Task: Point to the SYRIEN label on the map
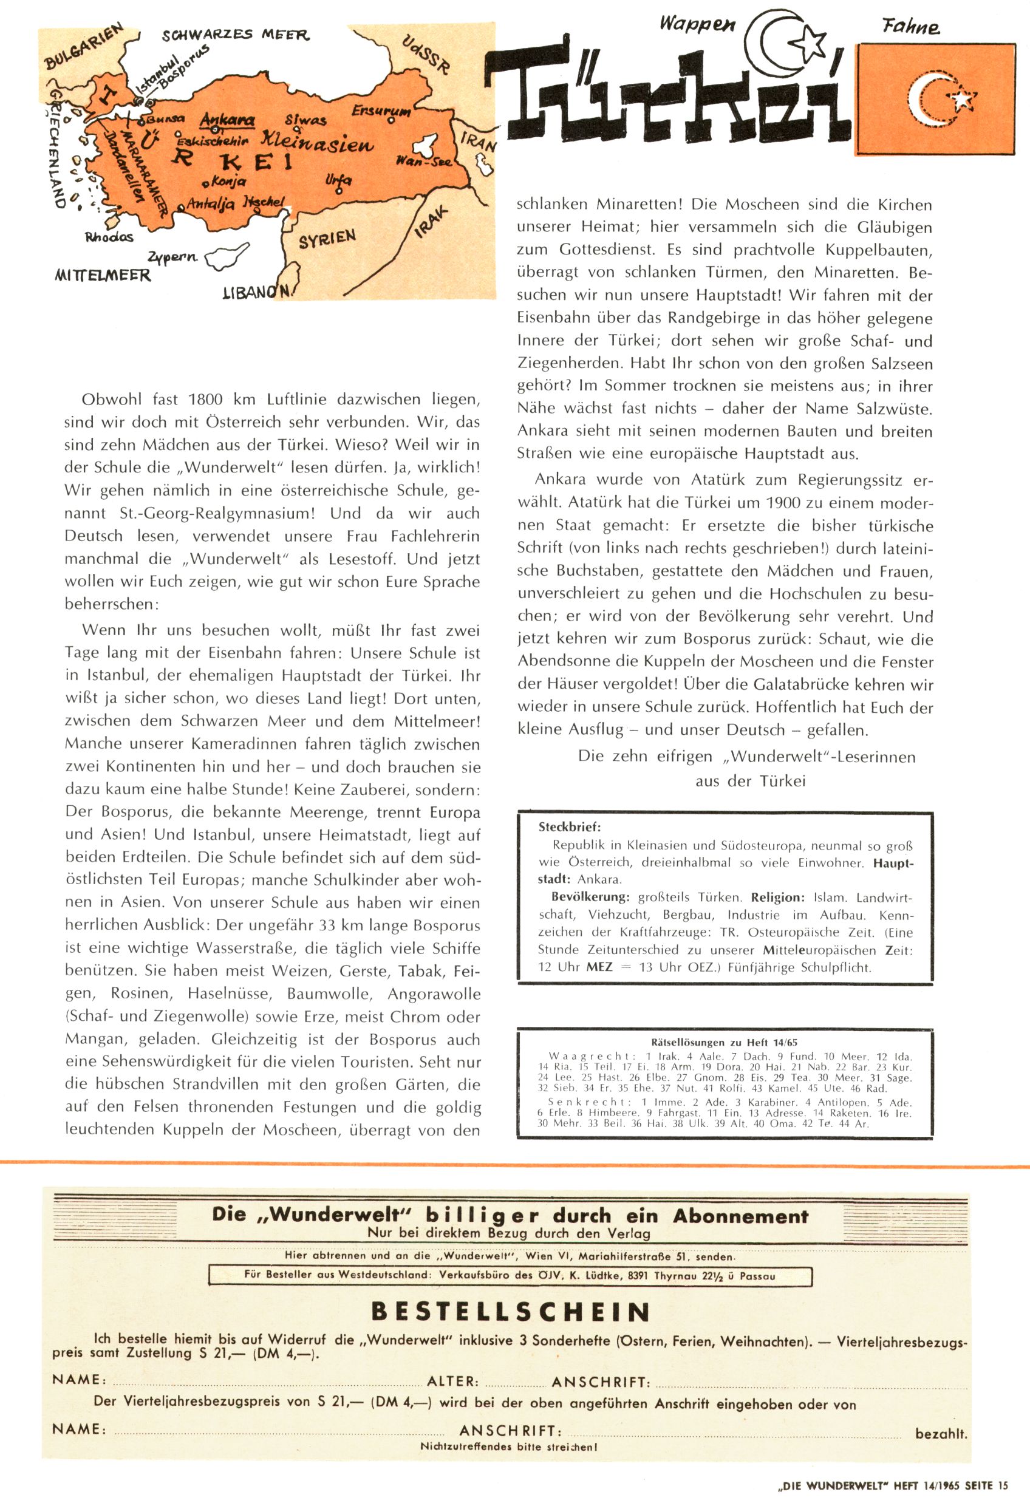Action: click(x=327, y=239)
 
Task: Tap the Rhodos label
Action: click(x=109, y=237)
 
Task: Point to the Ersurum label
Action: click(x=381, y=111)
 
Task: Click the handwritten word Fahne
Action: click(x=910, y=27)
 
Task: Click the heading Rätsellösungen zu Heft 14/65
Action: click(x=724, y=1043)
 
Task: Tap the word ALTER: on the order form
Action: click(x=452, y=1381)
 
